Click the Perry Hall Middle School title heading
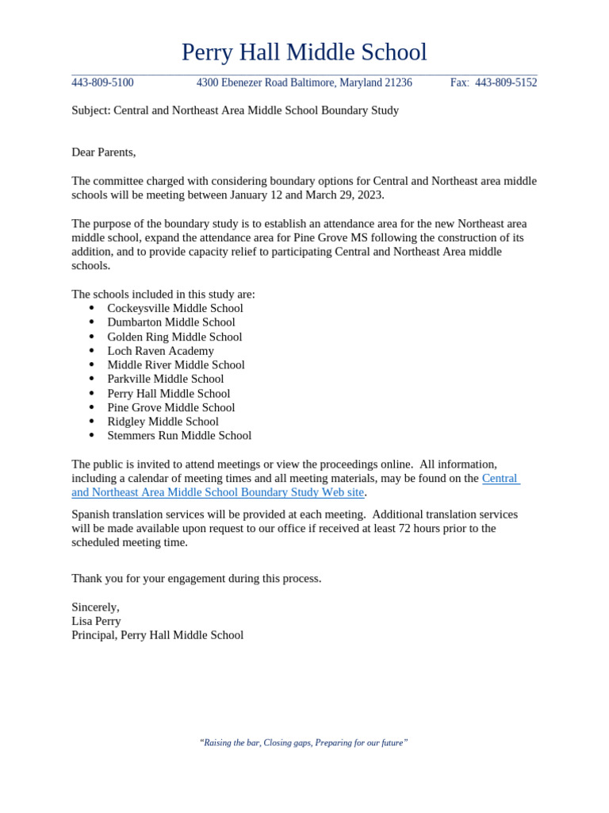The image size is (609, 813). click(304, 52)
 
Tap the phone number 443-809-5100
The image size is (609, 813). click(102, 83)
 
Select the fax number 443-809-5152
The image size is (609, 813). click(505, 83)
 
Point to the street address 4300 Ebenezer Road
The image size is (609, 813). click(249, 83)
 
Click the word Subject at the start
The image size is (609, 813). click(90, 110)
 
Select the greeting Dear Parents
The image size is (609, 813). click(103, 152)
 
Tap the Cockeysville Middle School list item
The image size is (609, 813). click(175, 308)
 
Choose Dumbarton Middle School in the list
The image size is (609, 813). click(171, 322)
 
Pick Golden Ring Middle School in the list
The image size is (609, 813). click(174, 337)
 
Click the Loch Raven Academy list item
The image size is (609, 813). click(160, 351)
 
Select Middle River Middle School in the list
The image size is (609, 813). click(176, 365)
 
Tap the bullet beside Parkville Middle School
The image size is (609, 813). click(92, 379)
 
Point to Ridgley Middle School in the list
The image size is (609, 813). click(163, 422)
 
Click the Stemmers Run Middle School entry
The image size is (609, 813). click(179, 436)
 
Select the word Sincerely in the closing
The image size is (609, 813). click(95, 607)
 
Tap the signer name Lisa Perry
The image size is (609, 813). click(96, 622)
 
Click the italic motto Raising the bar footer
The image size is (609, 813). click(304, 743)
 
